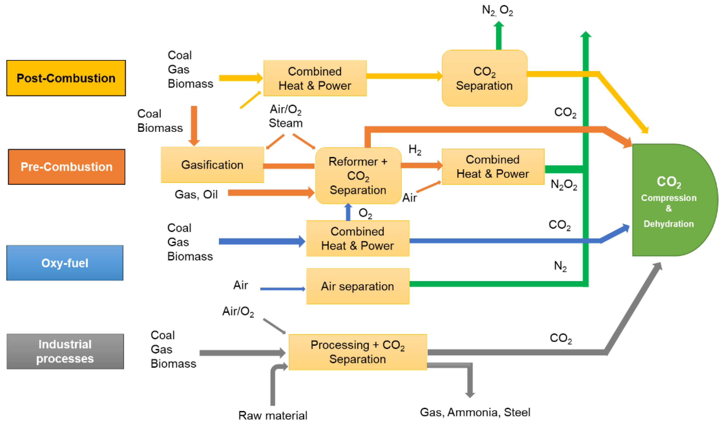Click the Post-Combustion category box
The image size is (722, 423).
coord(66,78)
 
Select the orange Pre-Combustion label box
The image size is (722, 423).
coord(67,167)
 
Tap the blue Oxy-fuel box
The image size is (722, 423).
coord(65,263)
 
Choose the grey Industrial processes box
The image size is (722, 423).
coord(65,351)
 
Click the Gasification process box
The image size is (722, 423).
coord(212,165)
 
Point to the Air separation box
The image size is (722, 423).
coord(357,286)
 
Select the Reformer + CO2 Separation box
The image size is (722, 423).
coord(358,176)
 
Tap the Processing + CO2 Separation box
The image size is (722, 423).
coord(357,352)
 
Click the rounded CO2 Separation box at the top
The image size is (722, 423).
coord(484,78)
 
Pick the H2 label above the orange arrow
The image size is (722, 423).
coord(415,149)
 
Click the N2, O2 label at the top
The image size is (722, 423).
coord(497,10)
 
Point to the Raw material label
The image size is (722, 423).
coord(272,415)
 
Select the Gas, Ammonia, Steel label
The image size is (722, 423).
coord(475,412)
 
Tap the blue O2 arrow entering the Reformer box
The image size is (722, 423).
coord(348,212)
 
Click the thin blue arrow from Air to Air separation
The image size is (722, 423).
coord(282,289)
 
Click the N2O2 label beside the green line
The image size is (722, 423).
coord(564,185)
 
